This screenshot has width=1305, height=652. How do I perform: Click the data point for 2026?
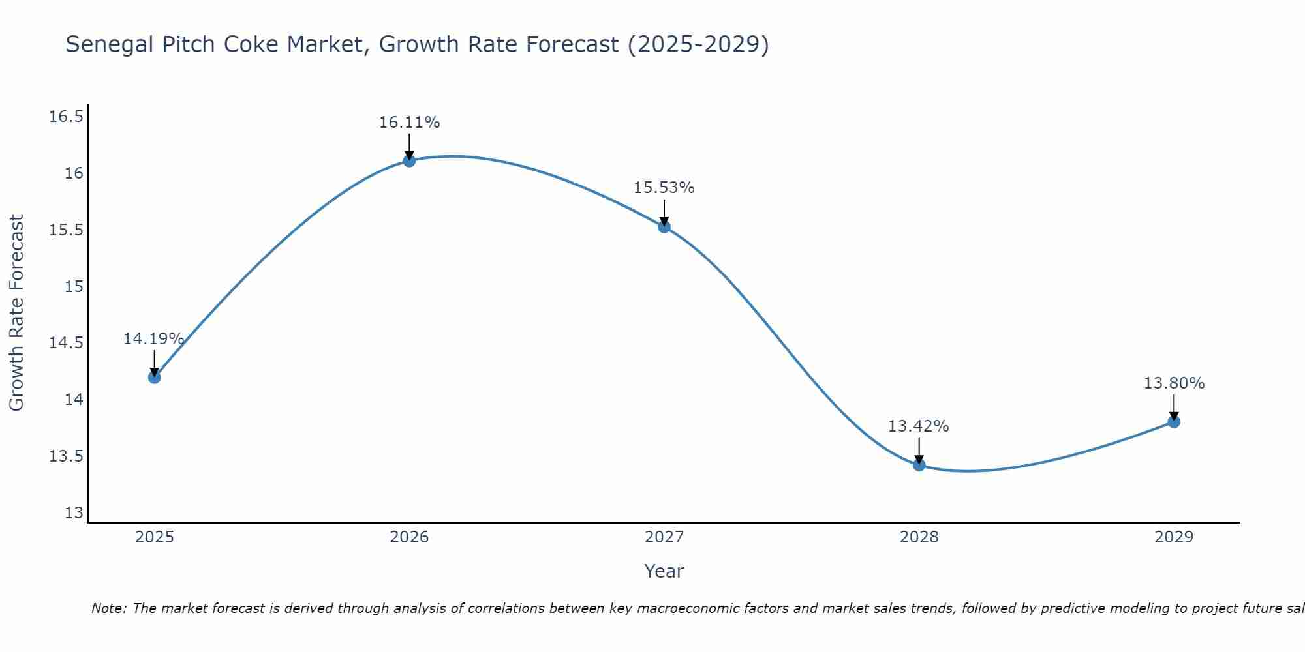pyautogui.click(x=409, y=160)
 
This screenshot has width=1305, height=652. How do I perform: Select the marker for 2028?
pyautogui.click(x=919, y=465)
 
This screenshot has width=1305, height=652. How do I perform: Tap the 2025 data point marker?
pyautogui.click(x=155, y=377)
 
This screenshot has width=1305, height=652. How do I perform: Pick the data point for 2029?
pyautogui.click(x=1174, y=422)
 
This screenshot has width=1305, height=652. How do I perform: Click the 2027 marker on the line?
pyautogui.click(x=664, y=226)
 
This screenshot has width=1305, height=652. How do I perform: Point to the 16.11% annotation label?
pyautogui.click(x=409, y=123)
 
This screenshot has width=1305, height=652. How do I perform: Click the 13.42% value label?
pyautogui.click(x=918, y=426)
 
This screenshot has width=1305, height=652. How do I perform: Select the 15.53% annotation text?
pyautogui.click(x=664, y=188)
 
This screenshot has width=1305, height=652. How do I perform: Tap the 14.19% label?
pyautogui.click(x=153, y=339)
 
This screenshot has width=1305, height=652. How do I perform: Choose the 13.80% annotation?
pyautogui.click(x=1174, y=383)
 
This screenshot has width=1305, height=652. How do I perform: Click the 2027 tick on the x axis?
pyautogui.click(x=664, y=537)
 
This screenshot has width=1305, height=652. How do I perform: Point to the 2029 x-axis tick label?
pyautogui.click(x=1174, y=537)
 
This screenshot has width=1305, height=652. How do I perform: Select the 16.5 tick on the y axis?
pyautogui.click(x=67, y=117)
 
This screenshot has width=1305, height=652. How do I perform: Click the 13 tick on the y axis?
pyautogui.click(x=74, y=513)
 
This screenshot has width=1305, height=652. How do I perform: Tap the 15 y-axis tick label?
pyautogui.click(x=74, y=286)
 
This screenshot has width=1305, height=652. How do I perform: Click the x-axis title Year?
pyautogui.click(x=664, y=571)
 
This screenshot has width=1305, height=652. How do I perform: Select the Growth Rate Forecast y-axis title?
pyautogui.click(x=16, y=313)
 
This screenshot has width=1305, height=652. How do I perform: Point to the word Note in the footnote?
pyautogui.click(x=109, y=608)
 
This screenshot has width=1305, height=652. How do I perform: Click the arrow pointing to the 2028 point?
pyautogui.click(x=919, y=450)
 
